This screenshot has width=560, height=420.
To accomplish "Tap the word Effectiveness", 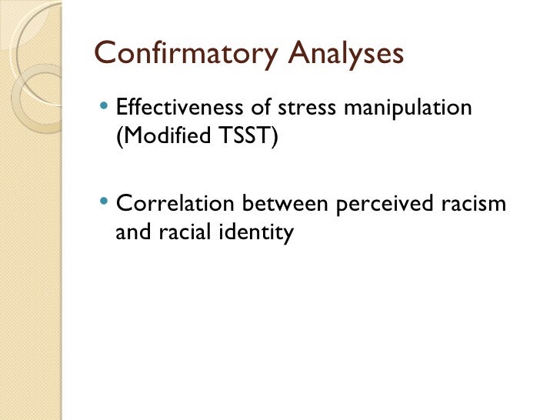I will click(x=179, y=108).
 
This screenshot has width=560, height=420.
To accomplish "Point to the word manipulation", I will click(x=408, y=108).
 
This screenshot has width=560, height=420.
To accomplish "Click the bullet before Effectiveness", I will click(x=105, y=108).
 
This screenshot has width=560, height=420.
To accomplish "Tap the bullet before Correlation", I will click(x=105, y=202).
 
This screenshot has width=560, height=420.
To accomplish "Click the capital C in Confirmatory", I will click(x=104, y=54).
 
